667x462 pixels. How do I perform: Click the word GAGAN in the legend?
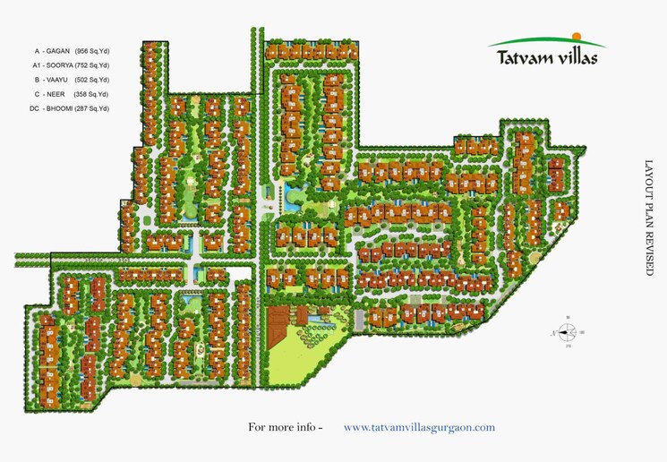click(60, 51)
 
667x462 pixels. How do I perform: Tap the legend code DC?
click(34, 108)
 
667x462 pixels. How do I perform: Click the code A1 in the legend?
click(37, 65)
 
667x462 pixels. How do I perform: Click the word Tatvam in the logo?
click(523, 59)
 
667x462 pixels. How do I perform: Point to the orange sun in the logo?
click(577, 37)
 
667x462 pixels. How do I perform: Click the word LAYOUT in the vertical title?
click(650, 179)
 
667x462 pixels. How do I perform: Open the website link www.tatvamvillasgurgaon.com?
click(419, 428)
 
